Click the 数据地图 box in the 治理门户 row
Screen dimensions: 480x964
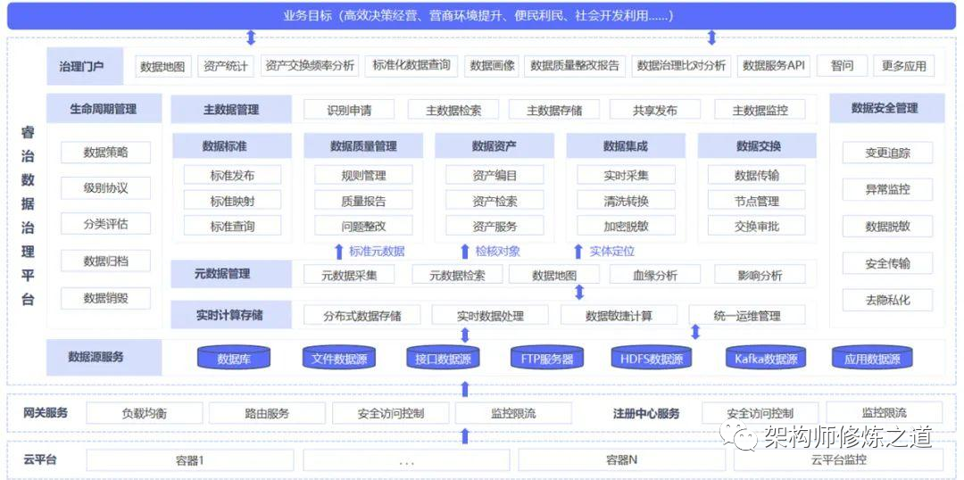162,66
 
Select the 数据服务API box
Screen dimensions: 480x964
774,66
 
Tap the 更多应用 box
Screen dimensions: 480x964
903,66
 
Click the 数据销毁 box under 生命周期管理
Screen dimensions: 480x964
105,298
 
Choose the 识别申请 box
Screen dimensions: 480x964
349,111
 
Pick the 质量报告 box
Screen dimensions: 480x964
363,201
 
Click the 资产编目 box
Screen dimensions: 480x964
494,176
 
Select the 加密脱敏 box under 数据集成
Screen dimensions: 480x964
625,226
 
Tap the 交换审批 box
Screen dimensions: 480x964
757,226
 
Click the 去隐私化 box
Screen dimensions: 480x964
887,300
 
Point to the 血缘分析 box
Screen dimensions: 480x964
654,276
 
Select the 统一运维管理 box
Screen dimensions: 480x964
747,316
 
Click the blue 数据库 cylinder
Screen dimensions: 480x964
234,360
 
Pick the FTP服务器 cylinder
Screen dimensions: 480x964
547,360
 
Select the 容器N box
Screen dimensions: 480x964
621,460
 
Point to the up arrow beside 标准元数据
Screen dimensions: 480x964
338,252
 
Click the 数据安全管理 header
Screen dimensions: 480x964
884,108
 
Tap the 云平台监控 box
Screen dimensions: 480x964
838,460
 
